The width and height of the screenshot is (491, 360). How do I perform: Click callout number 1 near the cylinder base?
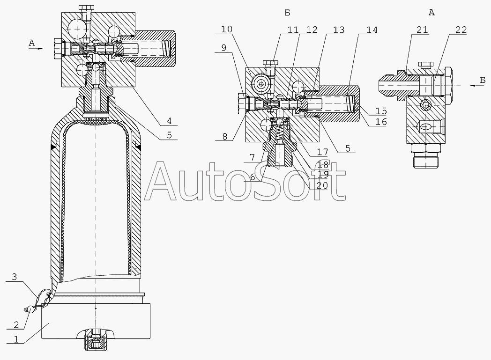pyautogui.click(x=16, y=339)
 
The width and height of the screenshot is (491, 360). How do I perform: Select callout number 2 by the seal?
pyautogui.click(x=16, y=325)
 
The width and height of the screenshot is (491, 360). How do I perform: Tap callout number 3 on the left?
pyautogui.click(x=15, y=277)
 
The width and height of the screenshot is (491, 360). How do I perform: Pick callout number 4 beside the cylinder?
pyautogui.click(x=169, y=121)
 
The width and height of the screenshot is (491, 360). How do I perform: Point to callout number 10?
pyautogui.click(x=227, y=29)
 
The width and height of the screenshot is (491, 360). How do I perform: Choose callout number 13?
pyautogui.click(x=339, y=30)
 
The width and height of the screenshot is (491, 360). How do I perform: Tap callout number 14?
pyautogui.click(x=372, y=30)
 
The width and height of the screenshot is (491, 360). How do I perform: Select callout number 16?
pyautogui.click(x=381, y=121)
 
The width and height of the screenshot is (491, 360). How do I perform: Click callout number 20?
pyautogui.click(x=322, y=185)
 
